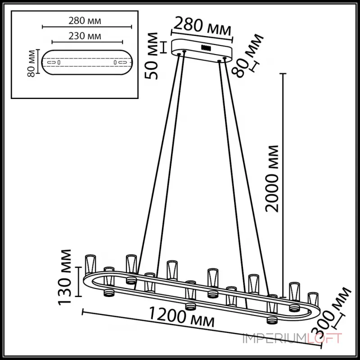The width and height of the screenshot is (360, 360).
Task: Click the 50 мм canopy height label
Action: point(153,56)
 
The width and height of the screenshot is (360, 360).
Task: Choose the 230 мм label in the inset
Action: point(85,36)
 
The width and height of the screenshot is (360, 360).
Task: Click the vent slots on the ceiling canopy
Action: point(207,47)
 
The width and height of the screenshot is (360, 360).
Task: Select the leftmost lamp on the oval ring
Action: point(90,265)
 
